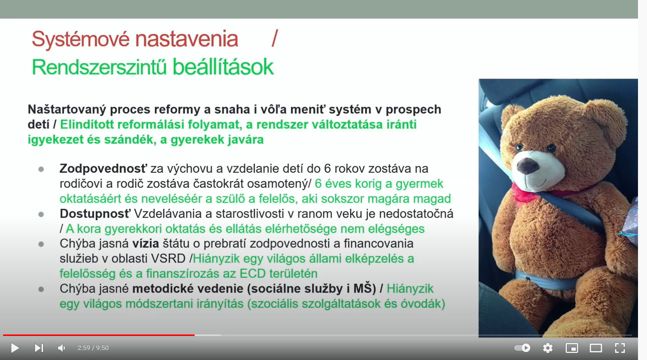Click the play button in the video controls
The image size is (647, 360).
click(x=15, y=348)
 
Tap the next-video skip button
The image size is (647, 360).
click(x=39, y=348)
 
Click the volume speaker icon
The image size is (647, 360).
click(x=61, y=348)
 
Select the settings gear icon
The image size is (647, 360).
click(x=548, y=348)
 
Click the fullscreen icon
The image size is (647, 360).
click(x=620, y=348)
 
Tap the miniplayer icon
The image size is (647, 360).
click(x=572, y=348)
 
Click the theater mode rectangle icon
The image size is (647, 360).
click(x=596, y=348)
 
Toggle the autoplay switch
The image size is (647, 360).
click(x=522, y=348)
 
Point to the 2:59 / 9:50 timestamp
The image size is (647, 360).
click(x=93, y=348)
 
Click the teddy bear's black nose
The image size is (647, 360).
click(x=528, y=166)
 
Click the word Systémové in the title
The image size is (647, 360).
click(x=80, y=39)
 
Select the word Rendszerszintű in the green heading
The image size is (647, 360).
click(x=99, y=67)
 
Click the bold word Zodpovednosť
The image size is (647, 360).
click(x=103, y=169)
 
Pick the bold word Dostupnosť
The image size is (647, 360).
click(x=95, y=214)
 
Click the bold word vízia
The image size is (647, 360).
click(x=146, y=244)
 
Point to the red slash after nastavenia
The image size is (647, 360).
click(x=275, y=39)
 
